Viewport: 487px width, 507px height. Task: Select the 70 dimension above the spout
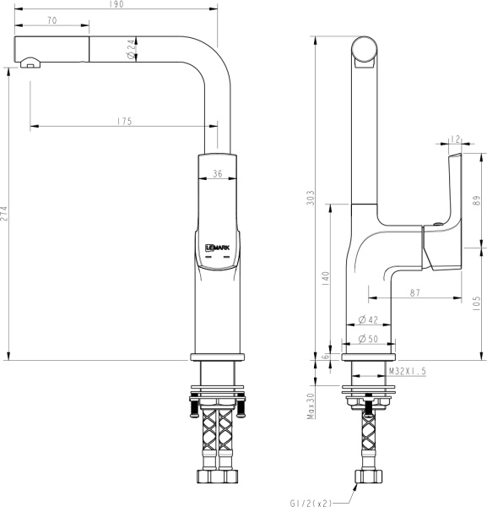[52, 19]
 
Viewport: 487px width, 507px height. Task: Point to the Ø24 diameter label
[132, 50]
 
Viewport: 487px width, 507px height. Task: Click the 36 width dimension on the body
[218, 174]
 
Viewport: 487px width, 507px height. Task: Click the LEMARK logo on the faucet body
[218, 248]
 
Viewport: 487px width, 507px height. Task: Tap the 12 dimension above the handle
[455, 139]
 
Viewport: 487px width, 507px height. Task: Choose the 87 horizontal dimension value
[414, 292]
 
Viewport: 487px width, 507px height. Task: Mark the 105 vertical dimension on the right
[477, 301]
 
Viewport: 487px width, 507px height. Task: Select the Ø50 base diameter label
[367, 339]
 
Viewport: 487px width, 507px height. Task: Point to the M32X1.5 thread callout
[408, 371]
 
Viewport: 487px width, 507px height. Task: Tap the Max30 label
[311, 405]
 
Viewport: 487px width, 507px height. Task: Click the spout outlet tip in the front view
[29, 61]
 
